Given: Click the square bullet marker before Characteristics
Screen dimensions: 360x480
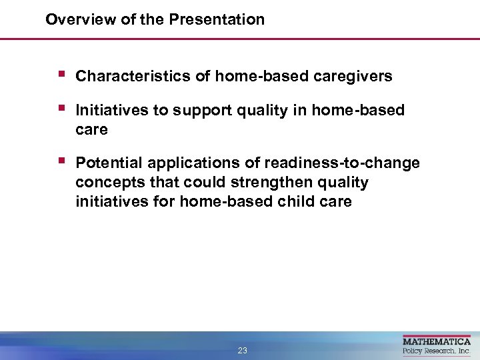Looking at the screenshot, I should tap(61, 75).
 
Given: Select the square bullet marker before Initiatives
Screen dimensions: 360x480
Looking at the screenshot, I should tap(61, 108).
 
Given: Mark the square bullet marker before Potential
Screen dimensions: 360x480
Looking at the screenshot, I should tap(61, 161).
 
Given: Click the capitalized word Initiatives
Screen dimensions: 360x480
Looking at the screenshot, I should tap(111, 111).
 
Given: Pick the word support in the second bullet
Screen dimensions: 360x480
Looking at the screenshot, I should tap(197, 111).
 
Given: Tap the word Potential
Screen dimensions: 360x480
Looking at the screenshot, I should tap(109, 163).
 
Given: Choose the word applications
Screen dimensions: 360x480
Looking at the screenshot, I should tap(203, 163).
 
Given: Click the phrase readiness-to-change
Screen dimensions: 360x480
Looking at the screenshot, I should tap(342, 163).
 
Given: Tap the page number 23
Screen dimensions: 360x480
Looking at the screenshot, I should tap(242, 351).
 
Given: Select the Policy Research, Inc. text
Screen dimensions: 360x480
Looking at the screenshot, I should tap(437, 351).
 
